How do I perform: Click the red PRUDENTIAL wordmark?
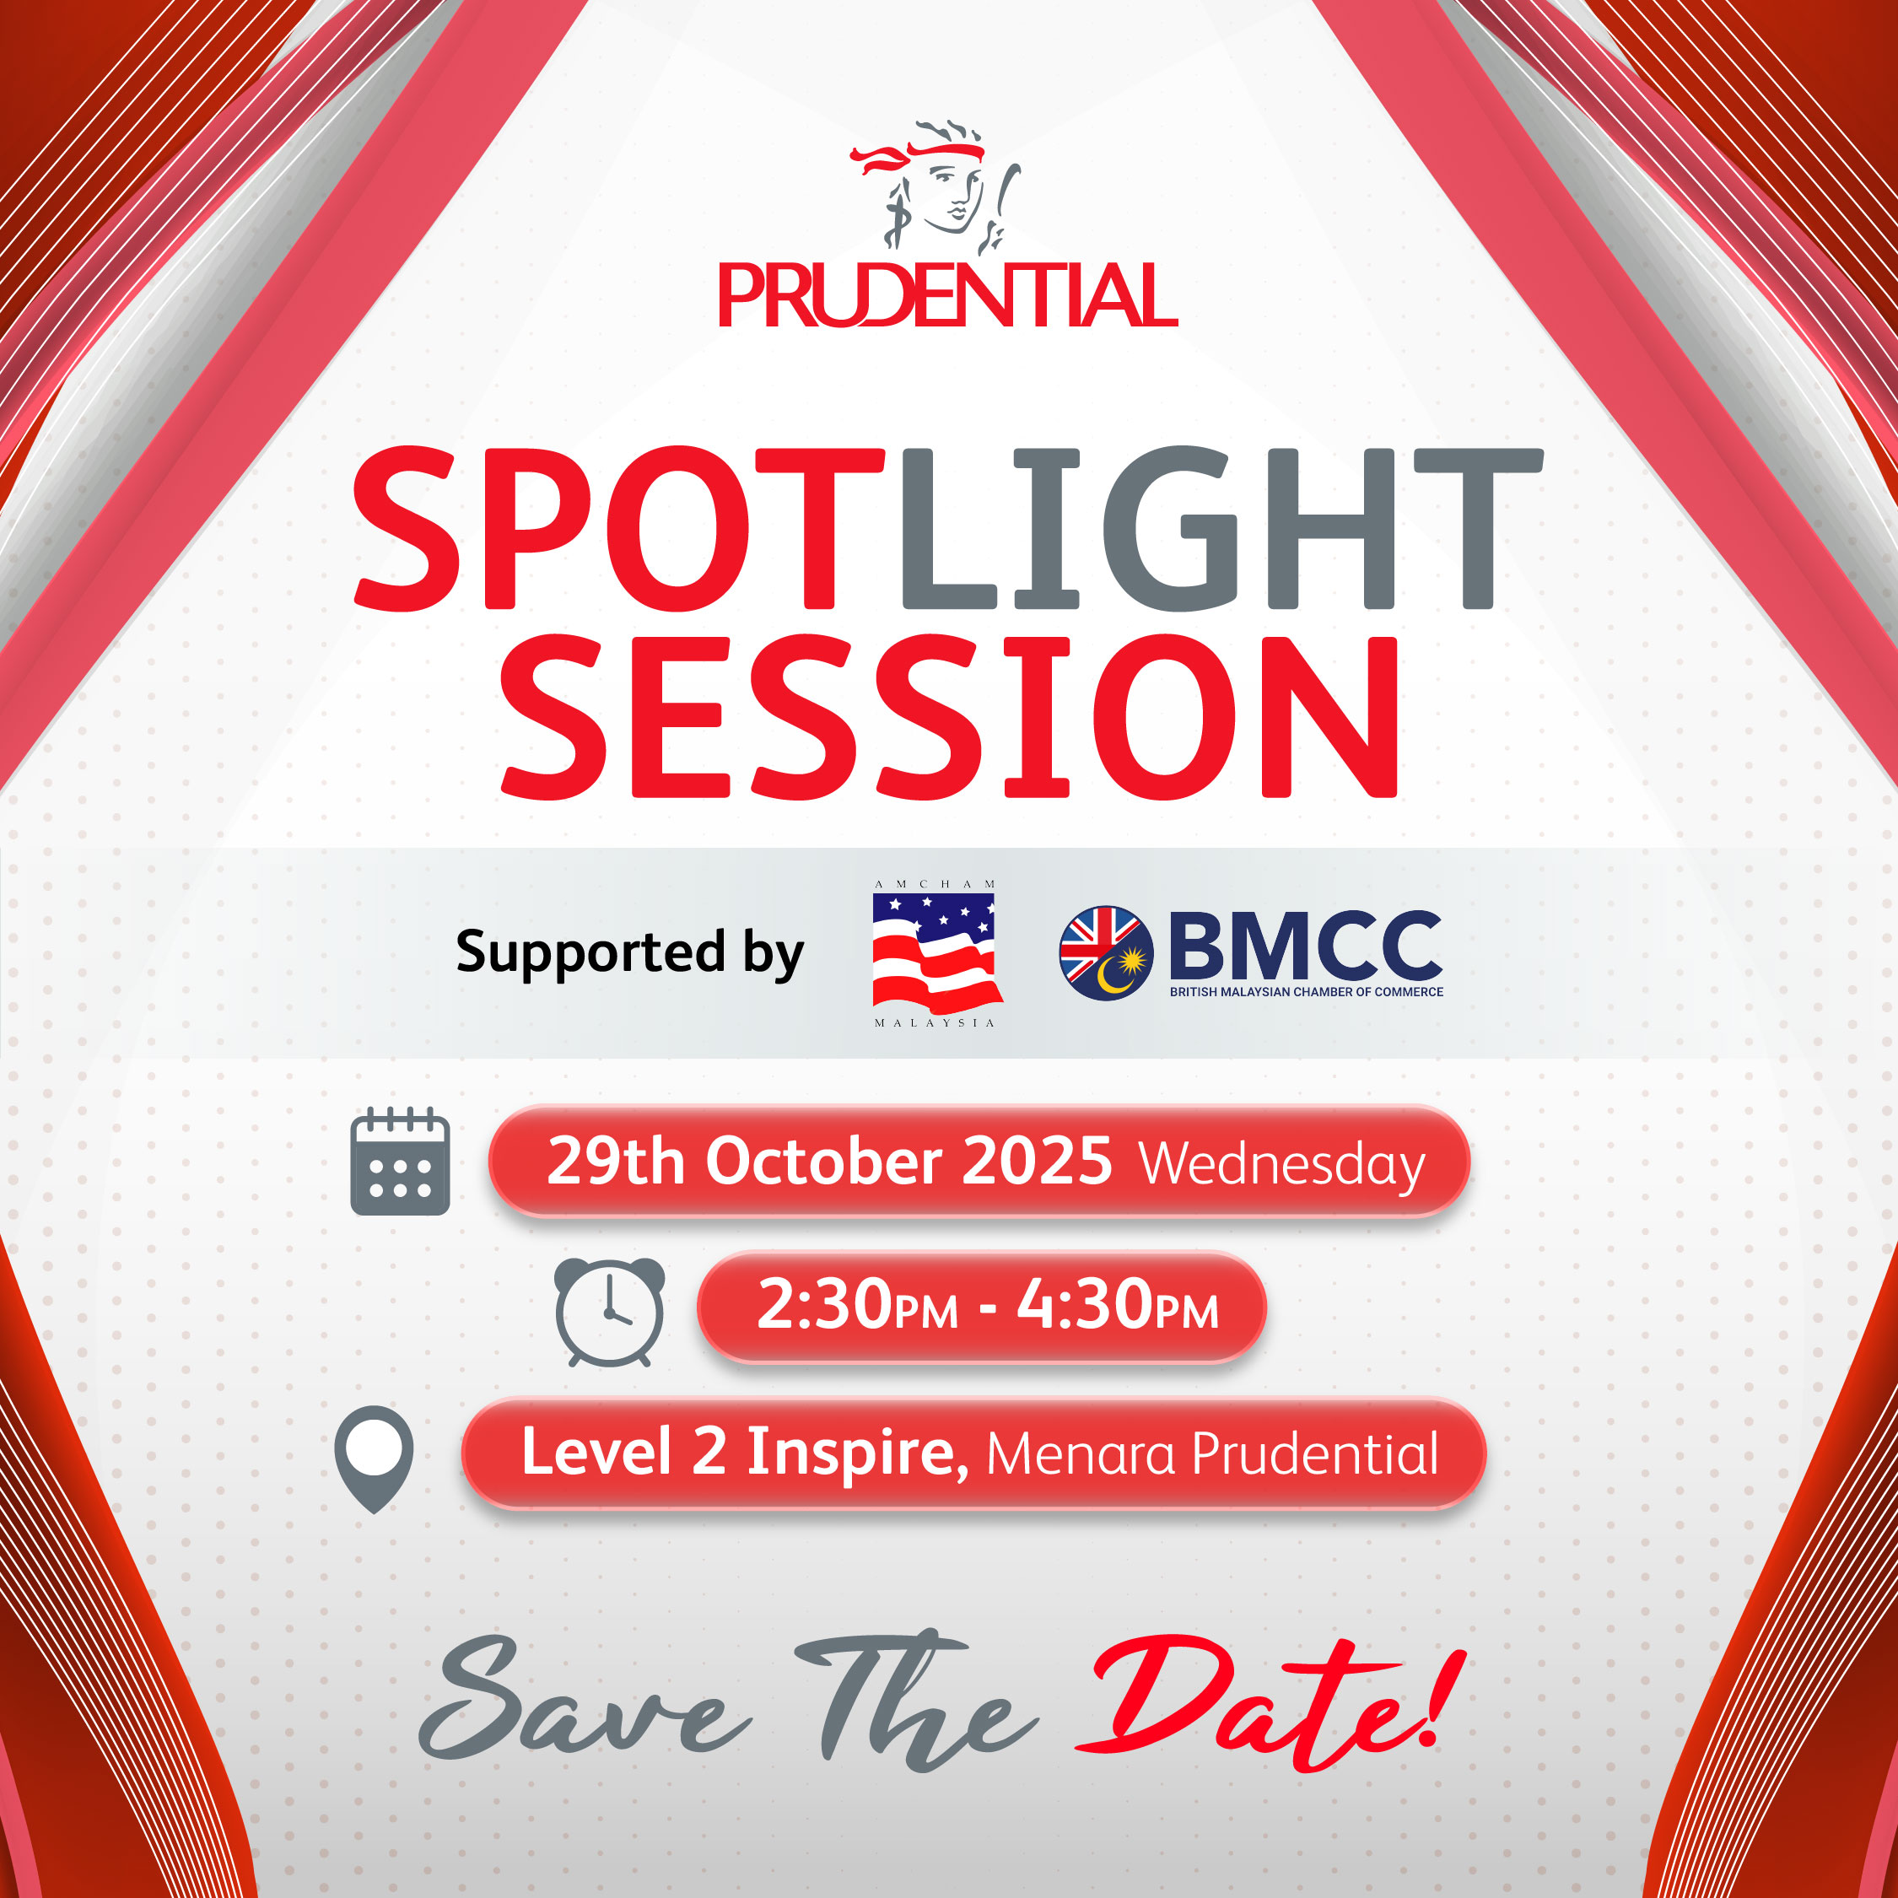(x=948, y=294)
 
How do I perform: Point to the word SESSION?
(x=949, y=716)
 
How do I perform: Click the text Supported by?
(x=630, y=952)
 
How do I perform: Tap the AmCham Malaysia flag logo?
(x=936, y=953)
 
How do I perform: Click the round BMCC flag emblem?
(x=1105, y=953)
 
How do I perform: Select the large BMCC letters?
(x=1306, y=944)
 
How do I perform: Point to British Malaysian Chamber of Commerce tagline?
(x=1307, y=992)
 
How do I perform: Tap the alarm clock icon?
(x=609, y=1312)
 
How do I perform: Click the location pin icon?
(x=375, y=1459)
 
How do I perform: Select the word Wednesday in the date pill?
(x=1282, y=1166)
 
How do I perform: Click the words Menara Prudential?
(x=1212, y=1454)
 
